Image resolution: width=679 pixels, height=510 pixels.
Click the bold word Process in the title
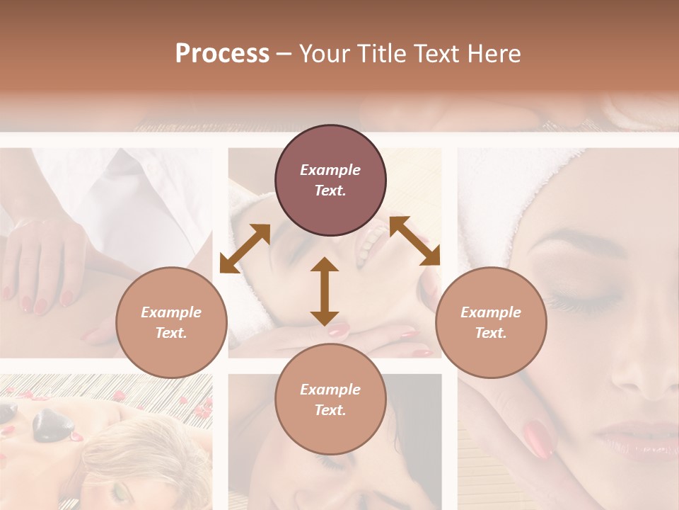tap(222, 54)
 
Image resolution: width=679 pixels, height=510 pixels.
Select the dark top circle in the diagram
tap(330, 181)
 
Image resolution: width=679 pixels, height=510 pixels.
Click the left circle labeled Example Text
tap(171, 322)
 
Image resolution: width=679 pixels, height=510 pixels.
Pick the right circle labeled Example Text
tap(491, 322)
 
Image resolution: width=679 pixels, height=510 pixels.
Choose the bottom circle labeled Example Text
tap(330, 399)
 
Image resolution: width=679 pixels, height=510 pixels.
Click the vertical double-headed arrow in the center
tap(325, 291)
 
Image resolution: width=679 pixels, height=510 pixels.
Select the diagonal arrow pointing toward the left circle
tap(245, 249)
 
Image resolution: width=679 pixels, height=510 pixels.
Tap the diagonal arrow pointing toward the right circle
tap(414, 241)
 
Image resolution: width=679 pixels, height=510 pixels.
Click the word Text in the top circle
tap(330, 191)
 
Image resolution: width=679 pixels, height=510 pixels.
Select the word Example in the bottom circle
tap(330, 389)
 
